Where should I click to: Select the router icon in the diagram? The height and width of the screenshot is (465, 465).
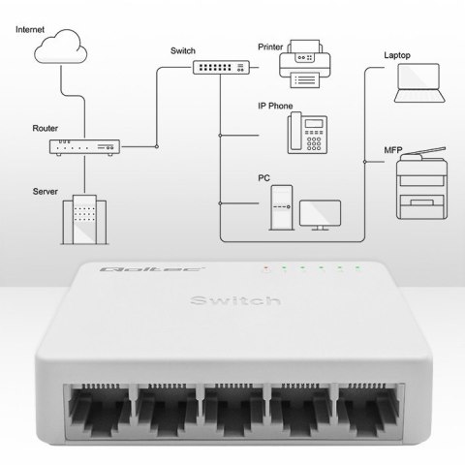tap(86, 146)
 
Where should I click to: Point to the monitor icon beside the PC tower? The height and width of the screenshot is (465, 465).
tap(320, 212)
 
